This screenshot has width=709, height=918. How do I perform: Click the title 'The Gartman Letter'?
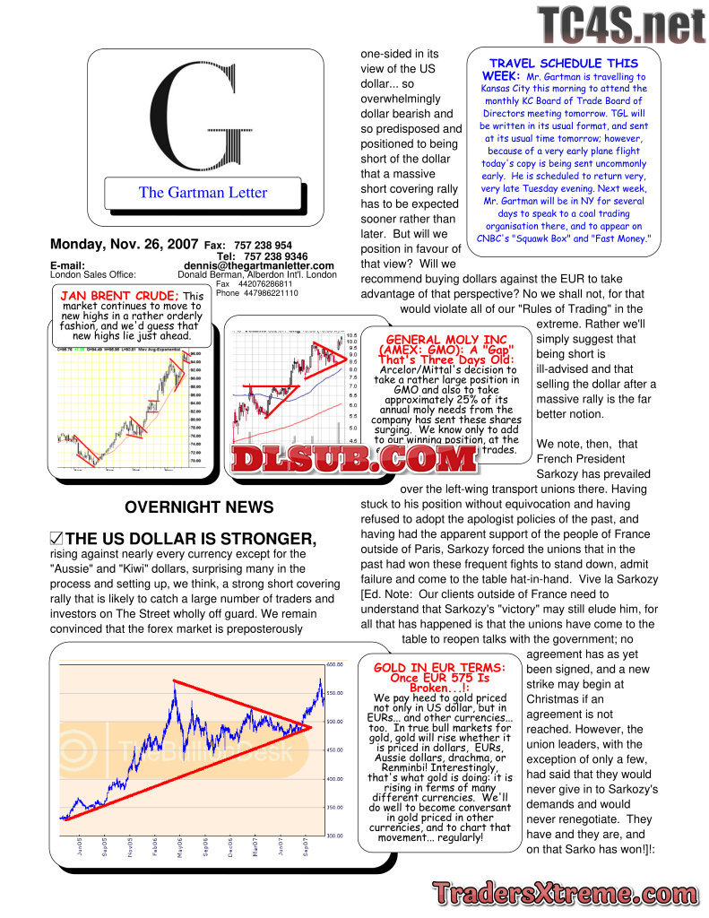point(203,192)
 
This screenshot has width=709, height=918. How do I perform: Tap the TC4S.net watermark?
point(621,26)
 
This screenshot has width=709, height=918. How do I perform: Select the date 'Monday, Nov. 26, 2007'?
point(125,244)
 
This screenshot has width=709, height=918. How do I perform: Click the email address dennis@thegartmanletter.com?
point(259,265)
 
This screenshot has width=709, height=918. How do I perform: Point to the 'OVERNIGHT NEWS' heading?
point(199,507)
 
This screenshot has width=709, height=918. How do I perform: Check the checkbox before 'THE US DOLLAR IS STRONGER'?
point(56,539)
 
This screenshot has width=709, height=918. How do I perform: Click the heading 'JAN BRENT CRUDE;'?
point(119,296)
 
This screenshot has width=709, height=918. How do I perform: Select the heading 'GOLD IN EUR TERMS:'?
point(445,669)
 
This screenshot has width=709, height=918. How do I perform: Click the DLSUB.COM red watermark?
point(354,459)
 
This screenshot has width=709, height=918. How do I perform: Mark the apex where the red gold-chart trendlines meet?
point(311,727)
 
